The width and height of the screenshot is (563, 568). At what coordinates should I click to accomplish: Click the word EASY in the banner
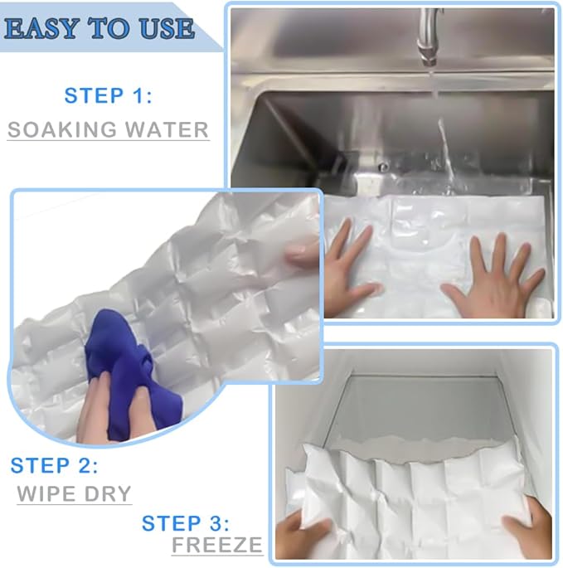(x=41, y=29)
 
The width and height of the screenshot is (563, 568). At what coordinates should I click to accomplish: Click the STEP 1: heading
(x=108, y=96)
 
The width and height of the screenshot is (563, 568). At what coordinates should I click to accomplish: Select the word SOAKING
(x=61, y=129)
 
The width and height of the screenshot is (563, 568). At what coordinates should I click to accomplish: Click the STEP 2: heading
(x=54, y=465)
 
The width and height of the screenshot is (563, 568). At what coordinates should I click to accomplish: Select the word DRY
(x=107, y=493)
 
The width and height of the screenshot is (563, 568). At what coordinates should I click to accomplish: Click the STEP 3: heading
(x=185, y=523)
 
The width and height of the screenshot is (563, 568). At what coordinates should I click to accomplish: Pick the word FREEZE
(x=217, y=545)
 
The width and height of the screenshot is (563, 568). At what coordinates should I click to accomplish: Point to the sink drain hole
(x=383, y=167)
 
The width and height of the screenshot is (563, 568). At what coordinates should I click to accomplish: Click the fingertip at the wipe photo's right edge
(x=303, y=253)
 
